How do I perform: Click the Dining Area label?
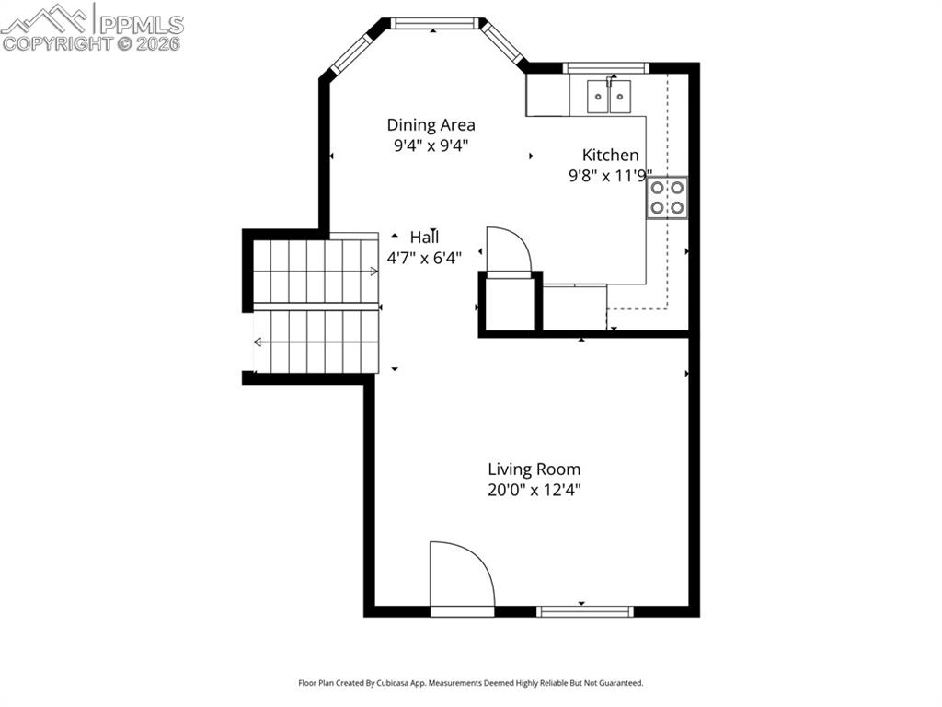tap(431, 124)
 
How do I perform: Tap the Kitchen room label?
tap(610, 155)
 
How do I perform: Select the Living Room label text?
tap(534, 469)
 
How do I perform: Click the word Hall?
tap(424, 237)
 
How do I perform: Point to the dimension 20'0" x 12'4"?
tap(534, 490)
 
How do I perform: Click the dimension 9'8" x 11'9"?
tap(610, 175)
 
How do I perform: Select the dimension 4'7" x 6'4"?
tap(424, 258)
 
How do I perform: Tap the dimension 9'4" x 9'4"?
tap(431, 145)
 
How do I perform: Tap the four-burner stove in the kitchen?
tap(667, 197)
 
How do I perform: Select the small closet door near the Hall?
tap(508, 250)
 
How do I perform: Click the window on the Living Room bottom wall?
tap(585, 610)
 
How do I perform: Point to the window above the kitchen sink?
tap(605, 67)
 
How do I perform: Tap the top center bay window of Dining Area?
tap(435, 23)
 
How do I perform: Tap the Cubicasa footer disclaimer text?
tap(470, 683)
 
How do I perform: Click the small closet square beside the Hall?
tap(509, 304)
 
